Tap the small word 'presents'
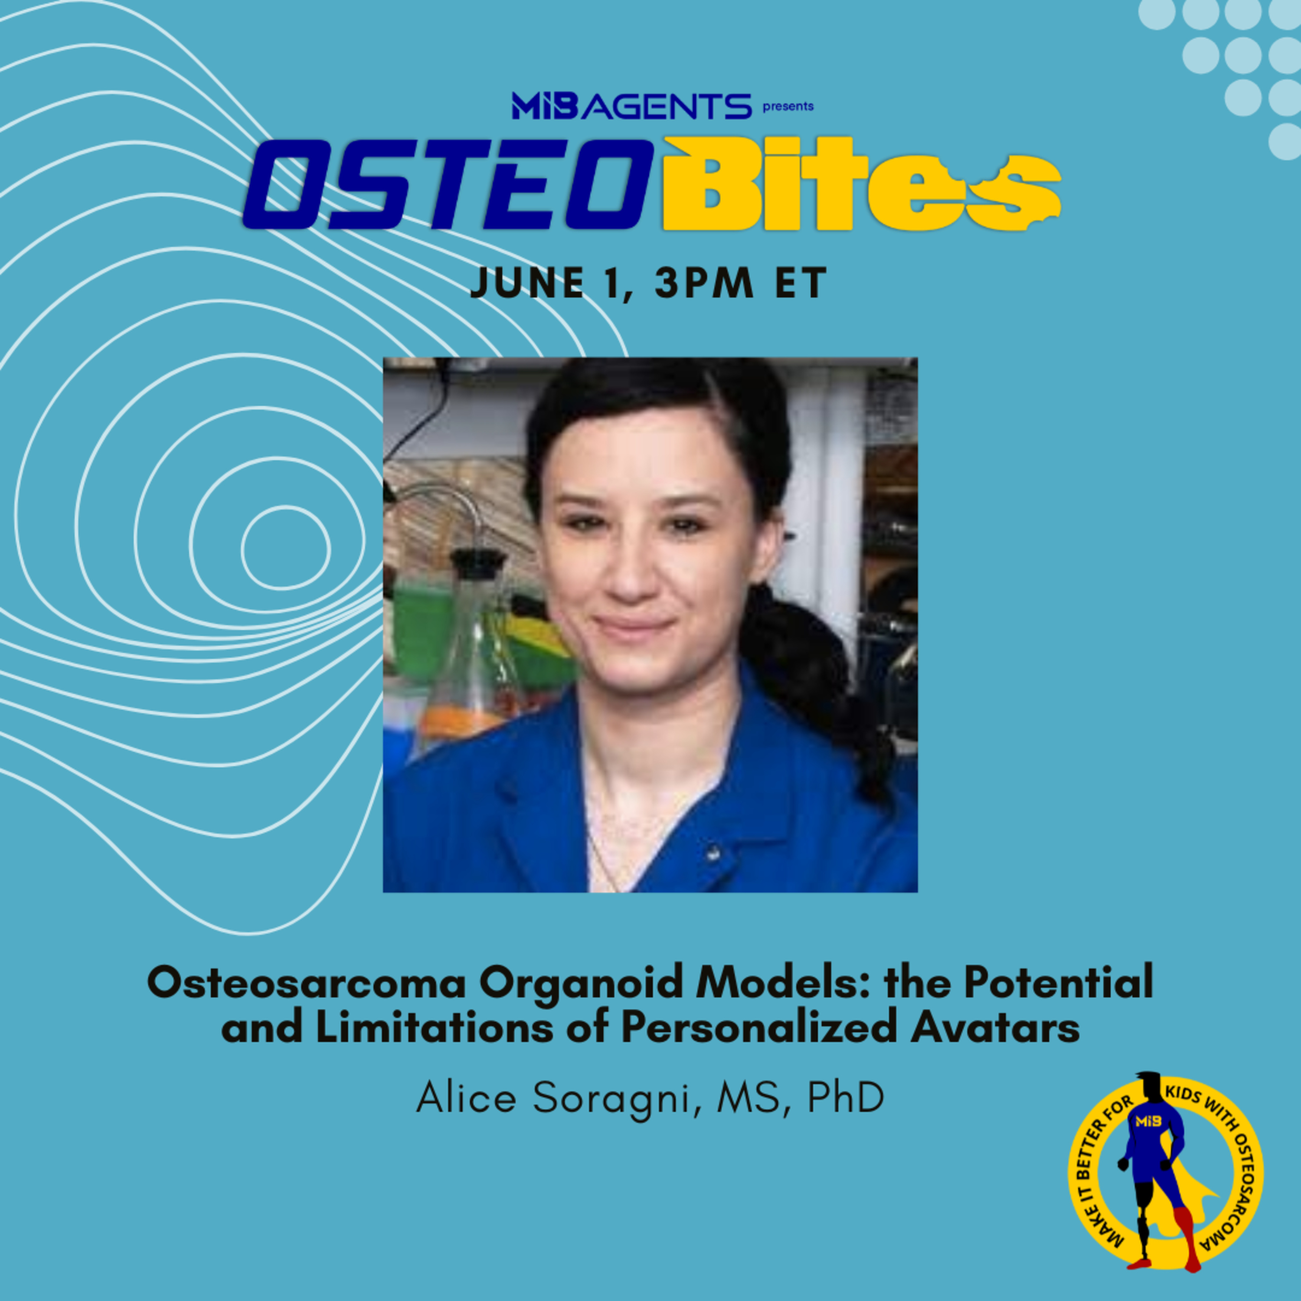(x=788, y=106)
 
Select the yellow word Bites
(x=862, y=184)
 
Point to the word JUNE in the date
(x=526, y=283)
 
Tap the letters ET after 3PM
(x=801, y=283)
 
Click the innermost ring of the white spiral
(x=285, y=547)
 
